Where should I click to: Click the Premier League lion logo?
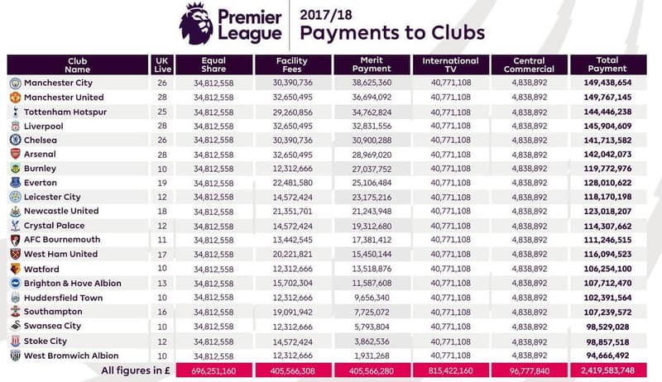click(196, 23)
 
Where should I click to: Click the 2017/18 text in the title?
click(331, 14)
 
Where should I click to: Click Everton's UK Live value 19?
click(162, 183)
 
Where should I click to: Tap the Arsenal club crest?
click(16, 155)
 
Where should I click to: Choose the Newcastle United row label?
click(61, 212)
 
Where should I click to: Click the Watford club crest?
click(16, 269)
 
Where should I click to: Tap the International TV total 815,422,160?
click(450, 370)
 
